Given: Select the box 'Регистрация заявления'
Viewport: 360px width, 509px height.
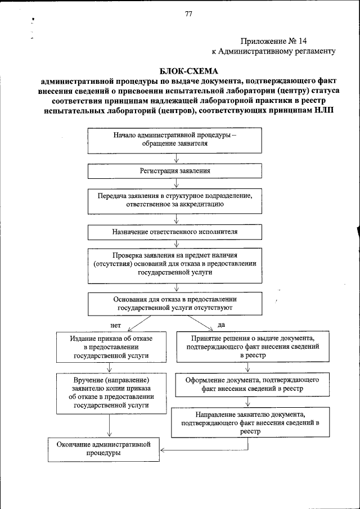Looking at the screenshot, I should (175, 170).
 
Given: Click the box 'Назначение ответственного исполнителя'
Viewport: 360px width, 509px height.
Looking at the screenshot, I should (175, 232).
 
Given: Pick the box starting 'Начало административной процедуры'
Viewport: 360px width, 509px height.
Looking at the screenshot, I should (175, 139).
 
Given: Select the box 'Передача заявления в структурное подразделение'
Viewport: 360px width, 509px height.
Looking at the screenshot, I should (175, 201).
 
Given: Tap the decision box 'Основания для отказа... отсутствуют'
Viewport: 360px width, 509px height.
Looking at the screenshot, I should (175, 304).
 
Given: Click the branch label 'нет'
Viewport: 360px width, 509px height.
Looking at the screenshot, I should (116, 326).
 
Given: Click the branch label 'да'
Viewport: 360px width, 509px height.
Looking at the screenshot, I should (221, 325).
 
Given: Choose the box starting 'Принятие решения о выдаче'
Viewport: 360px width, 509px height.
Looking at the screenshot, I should (249, 348).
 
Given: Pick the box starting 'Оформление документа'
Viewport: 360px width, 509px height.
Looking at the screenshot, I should (249, 385).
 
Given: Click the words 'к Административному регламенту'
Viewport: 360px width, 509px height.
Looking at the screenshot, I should (273, 51).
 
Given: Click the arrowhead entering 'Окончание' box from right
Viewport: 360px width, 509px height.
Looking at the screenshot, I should (162, 450).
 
